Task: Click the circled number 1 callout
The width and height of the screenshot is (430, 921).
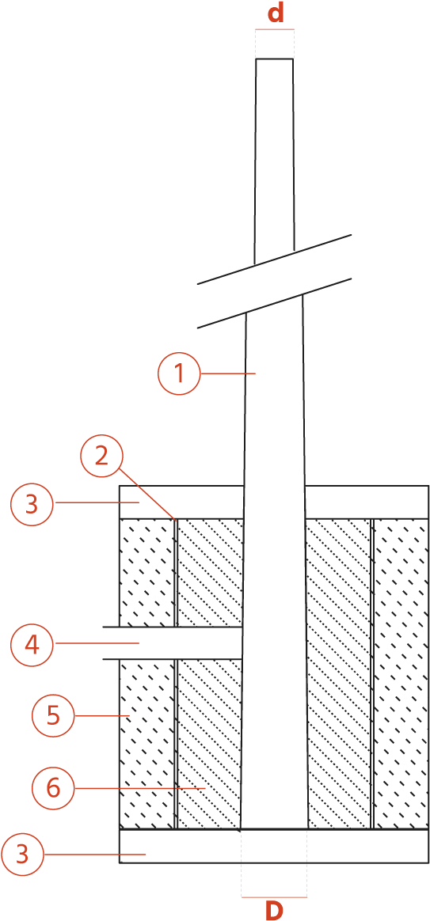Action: [x=180, y=373]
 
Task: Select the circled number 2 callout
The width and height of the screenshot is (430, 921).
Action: [x=102, y=455]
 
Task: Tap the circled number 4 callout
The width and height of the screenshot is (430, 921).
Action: [x=32, y=644]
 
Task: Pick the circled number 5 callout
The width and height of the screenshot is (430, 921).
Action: [x=53, y=716]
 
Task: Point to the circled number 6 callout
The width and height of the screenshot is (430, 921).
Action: [x=53, y=787]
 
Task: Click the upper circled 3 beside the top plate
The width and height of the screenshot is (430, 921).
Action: [x=32, y=502]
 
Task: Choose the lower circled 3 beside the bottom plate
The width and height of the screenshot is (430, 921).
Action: [x=22, y=855]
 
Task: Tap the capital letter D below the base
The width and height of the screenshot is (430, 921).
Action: [x=273, y=910]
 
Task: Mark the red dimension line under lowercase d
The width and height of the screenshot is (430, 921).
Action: [x=275, y=28]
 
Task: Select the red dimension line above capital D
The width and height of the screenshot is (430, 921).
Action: [x=274, y=897]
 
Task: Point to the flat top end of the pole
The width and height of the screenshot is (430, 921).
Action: [x=274, y=59]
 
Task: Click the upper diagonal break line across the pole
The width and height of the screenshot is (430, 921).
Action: [x=274, y=260]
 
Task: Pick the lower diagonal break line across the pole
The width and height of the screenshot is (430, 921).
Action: [x=274, y=303]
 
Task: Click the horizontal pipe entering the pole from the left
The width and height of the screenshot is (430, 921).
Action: [x=173, y=643]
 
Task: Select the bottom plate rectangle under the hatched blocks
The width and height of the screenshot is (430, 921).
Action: [x=273, y=847]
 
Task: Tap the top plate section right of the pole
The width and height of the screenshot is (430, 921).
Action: [x=367, y=502]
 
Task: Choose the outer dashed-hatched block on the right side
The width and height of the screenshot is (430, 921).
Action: [x=401, y=673]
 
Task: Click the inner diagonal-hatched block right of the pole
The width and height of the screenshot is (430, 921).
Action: [x=338, y=673]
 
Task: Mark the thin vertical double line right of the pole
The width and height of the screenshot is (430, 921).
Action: [x=373, y=673]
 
